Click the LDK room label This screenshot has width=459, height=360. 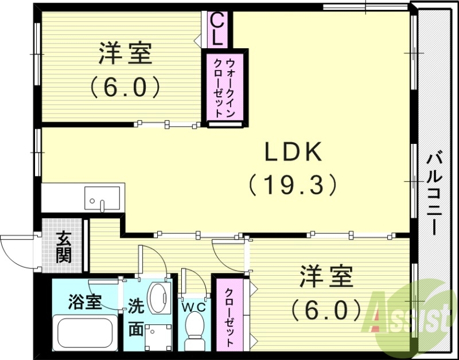click(294, 153)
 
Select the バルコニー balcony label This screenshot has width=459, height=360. click(434, 193)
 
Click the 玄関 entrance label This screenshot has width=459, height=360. click(64, 247)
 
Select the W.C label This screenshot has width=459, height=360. click(194, 307)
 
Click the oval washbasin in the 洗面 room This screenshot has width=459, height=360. click(157, 296)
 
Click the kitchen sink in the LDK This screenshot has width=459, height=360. click(103, 198)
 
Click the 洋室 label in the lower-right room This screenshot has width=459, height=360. click(325, 279)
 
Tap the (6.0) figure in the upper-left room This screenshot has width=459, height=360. click(125, 87)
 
